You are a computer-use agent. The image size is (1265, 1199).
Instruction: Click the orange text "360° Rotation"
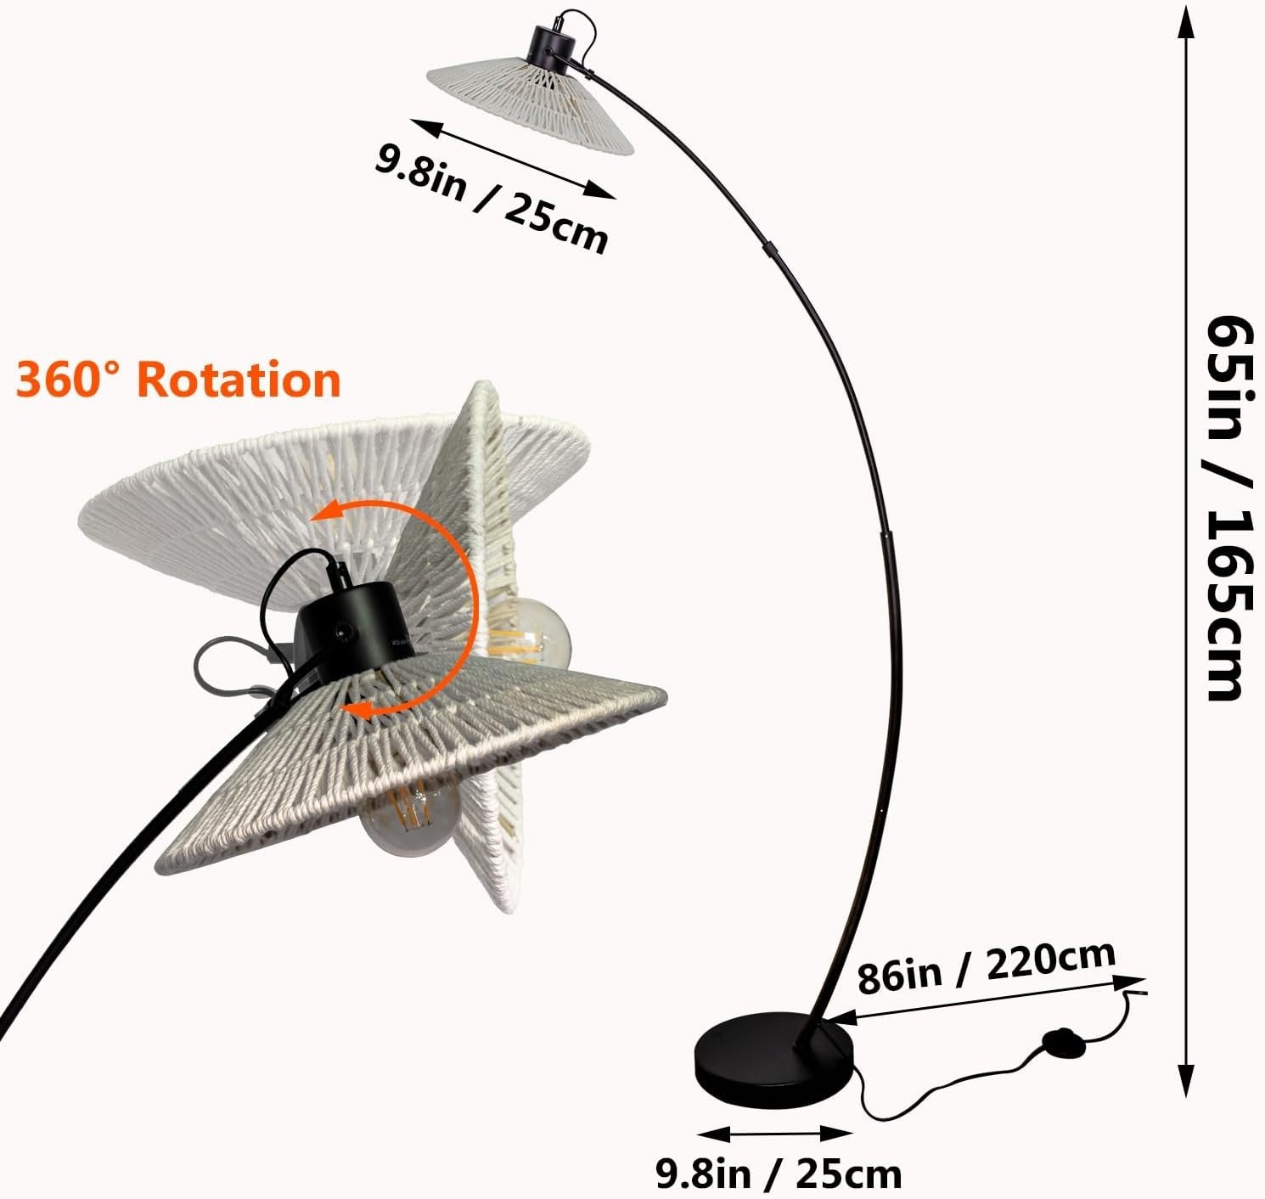click(178, 380)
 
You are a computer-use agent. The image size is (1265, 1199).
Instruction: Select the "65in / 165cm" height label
click(1230, 509)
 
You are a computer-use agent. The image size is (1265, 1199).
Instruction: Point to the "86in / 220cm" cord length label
click(987, 968)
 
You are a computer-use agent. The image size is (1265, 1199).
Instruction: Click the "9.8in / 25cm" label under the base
click(779, 1174)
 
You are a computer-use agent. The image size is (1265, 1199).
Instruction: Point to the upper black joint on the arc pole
click(769, 249)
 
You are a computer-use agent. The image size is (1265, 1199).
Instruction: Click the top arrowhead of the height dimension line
click(1186, 22)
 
